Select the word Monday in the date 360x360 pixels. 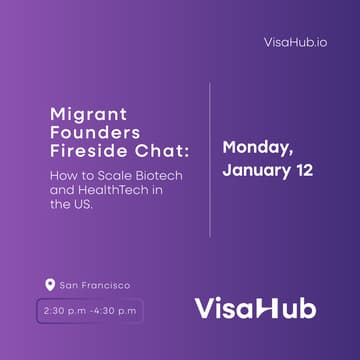click(258, 147)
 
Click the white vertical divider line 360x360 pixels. click(210, 160)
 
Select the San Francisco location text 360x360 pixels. click(95, 285)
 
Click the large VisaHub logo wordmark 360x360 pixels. click(255, 307)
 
